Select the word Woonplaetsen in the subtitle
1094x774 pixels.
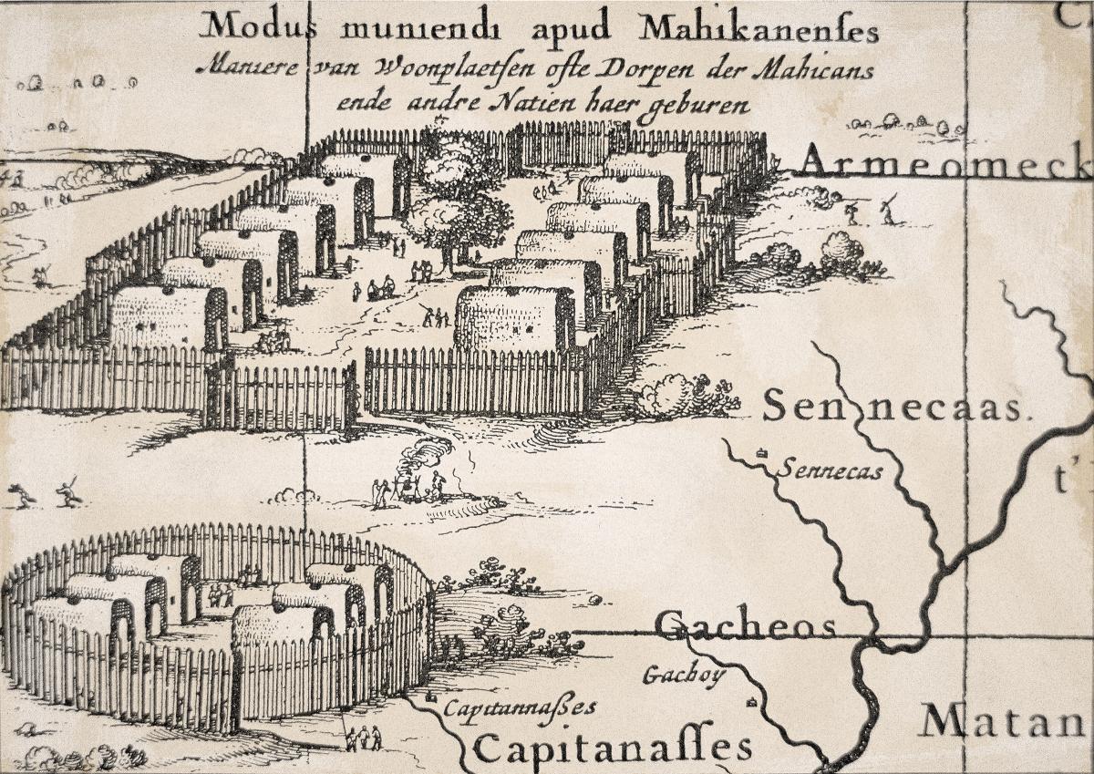click(x=485, y=70)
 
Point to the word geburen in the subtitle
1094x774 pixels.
click(x=703, y=104)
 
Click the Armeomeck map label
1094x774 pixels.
click(x=944, y=163)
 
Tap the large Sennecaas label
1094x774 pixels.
click(x=891, y=407)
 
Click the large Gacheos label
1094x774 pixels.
click(x=746, y=627)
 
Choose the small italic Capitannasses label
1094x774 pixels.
click(x=519, y=707)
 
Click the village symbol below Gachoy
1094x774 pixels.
click(x=750, y=702)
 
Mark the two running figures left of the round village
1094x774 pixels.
click(x=44, y=494)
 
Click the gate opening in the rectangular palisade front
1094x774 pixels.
click(x=359, y=387)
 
